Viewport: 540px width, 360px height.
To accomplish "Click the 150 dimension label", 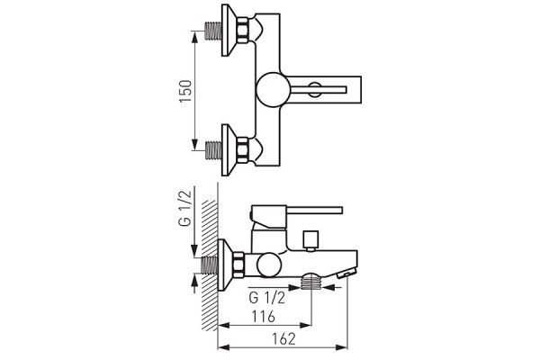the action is coord(185,91).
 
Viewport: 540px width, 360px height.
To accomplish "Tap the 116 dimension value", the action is coord(264,316).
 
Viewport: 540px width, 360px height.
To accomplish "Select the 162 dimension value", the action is coord(284,339).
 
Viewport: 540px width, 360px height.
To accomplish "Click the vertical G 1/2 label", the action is coord(184,209).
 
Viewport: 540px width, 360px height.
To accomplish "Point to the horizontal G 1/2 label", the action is coord(267,298).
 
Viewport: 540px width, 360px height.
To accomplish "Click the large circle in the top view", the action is coord(273,90).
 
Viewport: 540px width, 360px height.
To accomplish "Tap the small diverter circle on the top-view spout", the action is coord(315,90).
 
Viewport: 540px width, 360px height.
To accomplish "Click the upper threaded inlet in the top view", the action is coord(212,31).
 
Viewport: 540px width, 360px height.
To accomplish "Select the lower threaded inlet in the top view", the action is coord(212,150).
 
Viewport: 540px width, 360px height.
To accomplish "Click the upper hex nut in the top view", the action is coord(243,31).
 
